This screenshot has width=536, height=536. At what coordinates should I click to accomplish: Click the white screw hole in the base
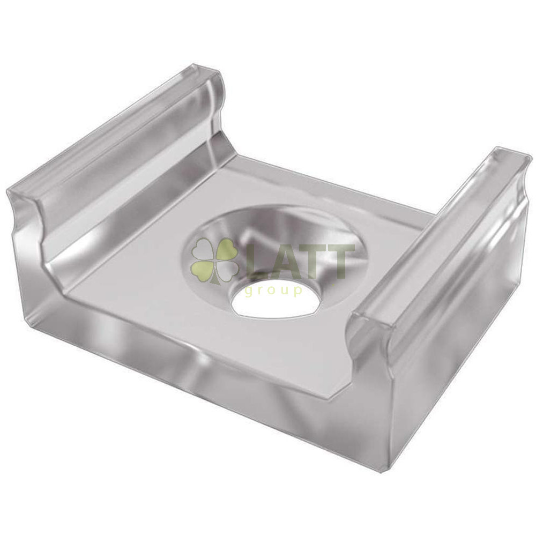tap(276, 300)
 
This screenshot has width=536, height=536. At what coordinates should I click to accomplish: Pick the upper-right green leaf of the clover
tap(227, 249)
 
